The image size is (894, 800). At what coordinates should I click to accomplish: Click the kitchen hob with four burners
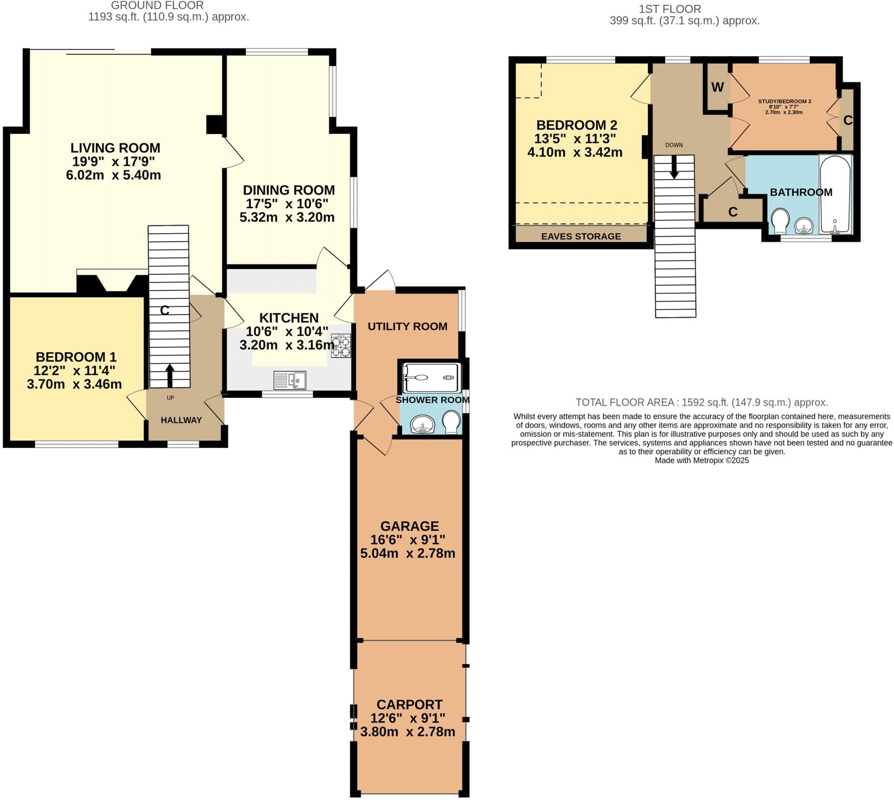coord(341,347)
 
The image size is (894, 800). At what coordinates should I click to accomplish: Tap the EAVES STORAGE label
coord(581,237)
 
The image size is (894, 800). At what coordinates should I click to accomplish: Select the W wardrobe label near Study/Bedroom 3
coord(717,87)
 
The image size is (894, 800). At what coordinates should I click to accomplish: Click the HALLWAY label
coord(181,420)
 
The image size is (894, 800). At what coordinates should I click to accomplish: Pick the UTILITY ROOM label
coord(407,326)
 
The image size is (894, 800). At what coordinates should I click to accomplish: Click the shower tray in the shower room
coord(432,377)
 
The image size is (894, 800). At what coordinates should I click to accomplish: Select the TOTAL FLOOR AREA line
coord(701,402)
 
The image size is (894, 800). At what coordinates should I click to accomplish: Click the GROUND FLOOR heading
coord(157,6)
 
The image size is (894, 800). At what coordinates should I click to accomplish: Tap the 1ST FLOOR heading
coord(670,9)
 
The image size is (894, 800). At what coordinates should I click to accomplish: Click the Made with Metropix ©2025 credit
coord(701,460)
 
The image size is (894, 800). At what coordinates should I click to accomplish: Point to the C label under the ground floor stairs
coord(165,311)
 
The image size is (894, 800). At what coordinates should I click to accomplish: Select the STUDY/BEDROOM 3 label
coord(784,102)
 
